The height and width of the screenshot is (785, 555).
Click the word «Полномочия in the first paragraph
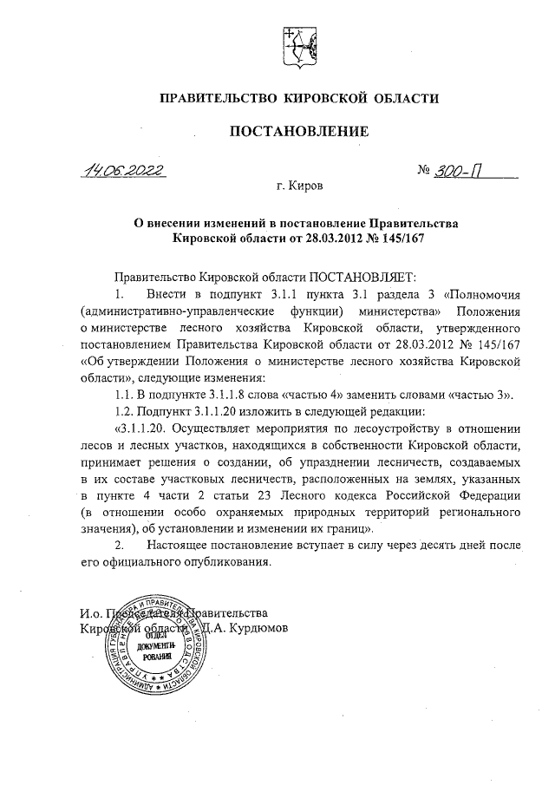[480, 294]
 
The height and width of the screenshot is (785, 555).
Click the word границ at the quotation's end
[347, 527]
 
